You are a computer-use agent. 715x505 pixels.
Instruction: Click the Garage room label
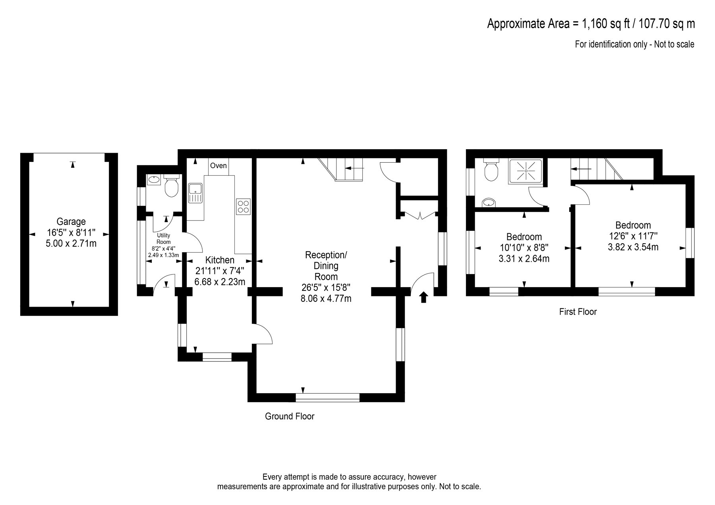coord(71,222)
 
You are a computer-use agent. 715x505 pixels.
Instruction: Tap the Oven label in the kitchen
coord(218,165)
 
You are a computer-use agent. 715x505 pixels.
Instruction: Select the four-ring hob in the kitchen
coord(243,206)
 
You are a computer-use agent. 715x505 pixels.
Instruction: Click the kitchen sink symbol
coord(195,193)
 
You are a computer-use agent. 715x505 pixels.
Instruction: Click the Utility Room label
coord(164,239)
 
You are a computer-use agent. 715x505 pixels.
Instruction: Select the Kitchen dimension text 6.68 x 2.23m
coord(220,282)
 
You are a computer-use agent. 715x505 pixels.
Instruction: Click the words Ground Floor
coord(290,416)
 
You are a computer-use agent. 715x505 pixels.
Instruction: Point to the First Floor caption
coord(578,312)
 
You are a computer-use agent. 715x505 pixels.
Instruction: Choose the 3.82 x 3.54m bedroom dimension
coord(633,247)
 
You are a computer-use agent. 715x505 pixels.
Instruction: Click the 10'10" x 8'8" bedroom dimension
coord(524,248)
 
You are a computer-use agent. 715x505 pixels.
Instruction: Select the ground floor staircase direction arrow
coord(353,168)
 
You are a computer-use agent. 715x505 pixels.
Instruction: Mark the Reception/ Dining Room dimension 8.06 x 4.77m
coord(326,299)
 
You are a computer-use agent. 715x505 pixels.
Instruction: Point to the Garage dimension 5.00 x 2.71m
coord(71,243)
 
